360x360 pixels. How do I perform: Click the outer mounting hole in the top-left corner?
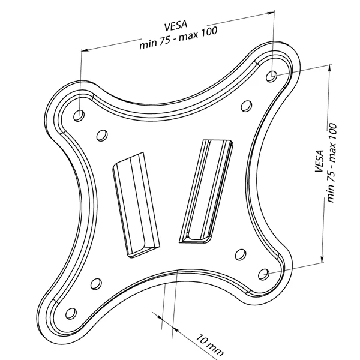click(x=79, y=115)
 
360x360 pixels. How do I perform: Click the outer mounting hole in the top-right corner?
click(x=272, y=76)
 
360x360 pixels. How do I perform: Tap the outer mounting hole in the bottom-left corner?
click(x=71, y=313)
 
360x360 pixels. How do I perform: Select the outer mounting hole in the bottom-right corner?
click(x=263, y=274)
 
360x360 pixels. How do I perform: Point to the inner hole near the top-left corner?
click(x=102, y=136)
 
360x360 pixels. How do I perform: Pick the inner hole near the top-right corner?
click(x=247, y=106)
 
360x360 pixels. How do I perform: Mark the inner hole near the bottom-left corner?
click(x=96, y=284)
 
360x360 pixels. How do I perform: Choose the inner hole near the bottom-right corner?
click(x=241, y=254)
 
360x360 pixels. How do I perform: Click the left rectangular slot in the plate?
click(x=136, y=205)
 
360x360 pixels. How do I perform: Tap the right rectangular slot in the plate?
click(x=206, y=191)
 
